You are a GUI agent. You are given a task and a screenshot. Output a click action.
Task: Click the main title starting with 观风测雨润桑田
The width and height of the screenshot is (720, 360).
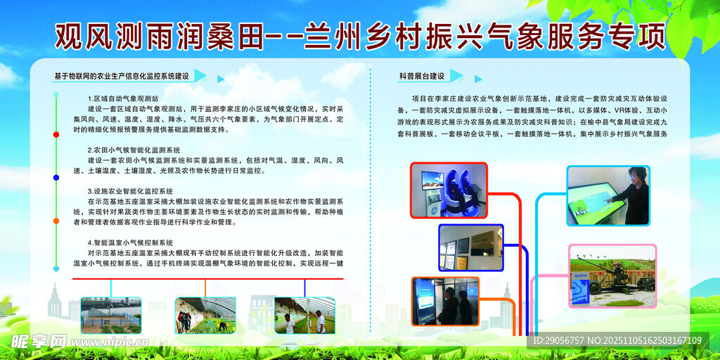(x=359, y=34)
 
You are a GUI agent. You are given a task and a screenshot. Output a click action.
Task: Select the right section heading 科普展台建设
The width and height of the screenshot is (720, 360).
(x=422, y=76)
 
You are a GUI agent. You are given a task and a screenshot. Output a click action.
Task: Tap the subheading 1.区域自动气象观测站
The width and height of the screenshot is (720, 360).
(x=123, y=98)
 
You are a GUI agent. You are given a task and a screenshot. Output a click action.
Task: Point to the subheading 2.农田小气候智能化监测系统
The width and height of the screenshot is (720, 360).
(x=134, y=150)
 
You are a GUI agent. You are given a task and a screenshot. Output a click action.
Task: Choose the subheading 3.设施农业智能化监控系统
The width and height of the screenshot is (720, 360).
(x=130, y=191)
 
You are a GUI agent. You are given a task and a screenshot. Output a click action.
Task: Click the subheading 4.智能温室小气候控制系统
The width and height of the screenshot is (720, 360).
(x=130, y=242)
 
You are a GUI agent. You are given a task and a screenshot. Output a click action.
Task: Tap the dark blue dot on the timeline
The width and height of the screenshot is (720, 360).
(x=56, y=178)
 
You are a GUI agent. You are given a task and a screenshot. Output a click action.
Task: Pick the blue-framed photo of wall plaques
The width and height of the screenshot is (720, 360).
(x=470, y=247)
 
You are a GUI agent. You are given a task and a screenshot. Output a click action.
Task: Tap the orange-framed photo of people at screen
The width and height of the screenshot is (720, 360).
(x=445, y=301)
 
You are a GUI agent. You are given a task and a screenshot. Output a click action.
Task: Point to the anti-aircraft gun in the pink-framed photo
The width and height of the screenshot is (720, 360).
(x=612, y=276)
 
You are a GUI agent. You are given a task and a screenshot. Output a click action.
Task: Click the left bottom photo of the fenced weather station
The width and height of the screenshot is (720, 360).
(x=110, y=315)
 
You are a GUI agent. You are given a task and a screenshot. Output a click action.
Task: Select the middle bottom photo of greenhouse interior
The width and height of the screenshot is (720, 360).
(x=205, y=315)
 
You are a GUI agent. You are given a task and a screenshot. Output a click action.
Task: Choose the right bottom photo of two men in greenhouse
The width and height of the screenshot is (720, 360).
(x=304, y=315)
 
